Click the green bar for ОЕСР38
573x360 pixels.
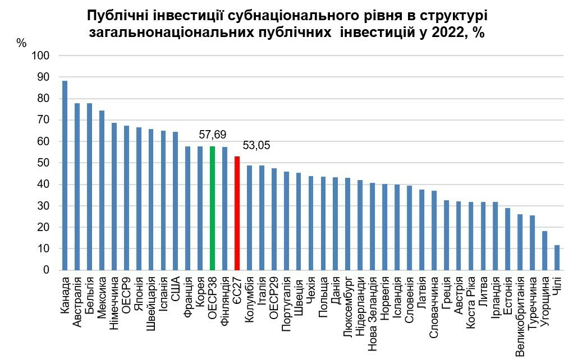[213, 208]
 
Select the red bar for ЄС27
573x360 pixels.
[237, 213]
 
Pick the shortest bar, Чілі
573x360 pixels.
[557, 257]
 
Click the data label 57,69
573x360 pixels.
[213, 135]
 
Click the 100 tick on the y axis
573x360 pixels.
[42, 56]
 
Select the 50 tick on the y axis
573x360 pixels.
[44, 163]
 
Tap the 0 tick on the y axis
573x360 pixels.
[47, 270]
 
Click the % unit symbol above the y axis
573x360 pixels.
[21, 43]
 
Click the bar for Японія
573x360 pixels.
[139, 199]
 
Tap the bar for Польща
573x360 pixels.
[323, 224]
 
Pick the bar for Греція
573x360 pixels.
[447, 236]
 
